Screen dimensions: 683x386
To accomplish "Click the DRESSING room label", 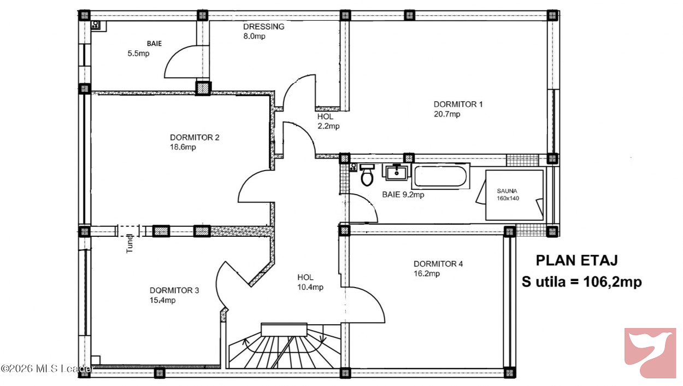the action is click(x=264, y=27).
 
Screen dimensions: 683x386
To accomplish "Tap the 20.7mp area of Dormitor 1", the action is click(x=447, y=114).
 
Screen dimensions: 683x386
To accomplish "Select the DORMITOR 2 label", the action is click(x=195, y=137).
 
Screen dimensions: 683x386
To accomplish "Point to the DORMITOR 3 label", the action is click(x=174, y=290).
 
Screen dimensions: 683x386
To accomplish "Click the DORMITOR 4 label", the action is click(x=438, y=264).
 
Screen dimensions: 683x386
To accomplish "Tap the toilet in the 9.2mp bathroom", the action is click(x=367, y=175).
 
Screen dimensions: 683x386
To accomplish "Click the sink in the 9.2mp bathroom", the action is click(x=396, y=172).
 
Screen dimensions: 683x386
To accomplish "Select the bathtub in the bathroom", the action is click(x=440, y=176).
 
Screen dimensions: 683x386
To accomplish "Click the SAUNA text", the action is click(x=507, y=191).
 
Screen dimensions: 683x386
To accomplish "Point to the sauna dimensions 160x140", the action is click(x=508, y=198).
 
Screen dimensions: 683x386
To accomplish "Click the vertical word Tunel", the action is click(x=129, y=243).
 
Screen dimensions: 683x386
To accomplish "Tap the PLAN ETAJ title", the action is click(x=577, y=261).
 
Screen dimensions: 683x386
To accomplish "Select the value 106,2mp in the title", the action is click(x=613, y=282).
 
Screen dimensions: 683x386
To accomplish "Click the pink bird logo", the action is click(x=650, y=353).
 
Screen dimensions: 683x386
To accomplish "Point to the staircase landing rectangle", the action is click(x=284, y=330).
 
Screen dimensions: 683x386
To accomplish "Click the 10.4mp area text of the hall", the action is click(x=310, y=287).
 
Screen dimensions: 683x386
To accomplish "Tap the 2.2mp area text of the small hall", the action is click(x=328, y=126).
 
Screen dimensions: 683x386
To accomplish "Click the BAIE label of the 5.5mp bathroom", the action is click(x=154, y=44).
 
